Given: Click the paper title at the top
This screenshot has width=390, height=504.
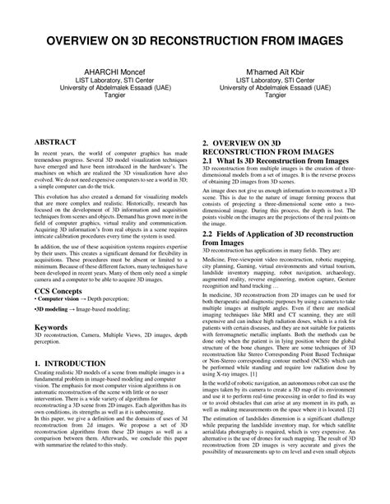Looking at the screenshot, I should (195, 41).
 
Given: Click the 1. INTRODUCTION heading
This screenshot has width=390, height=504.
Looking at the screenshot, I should (75, 363).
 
